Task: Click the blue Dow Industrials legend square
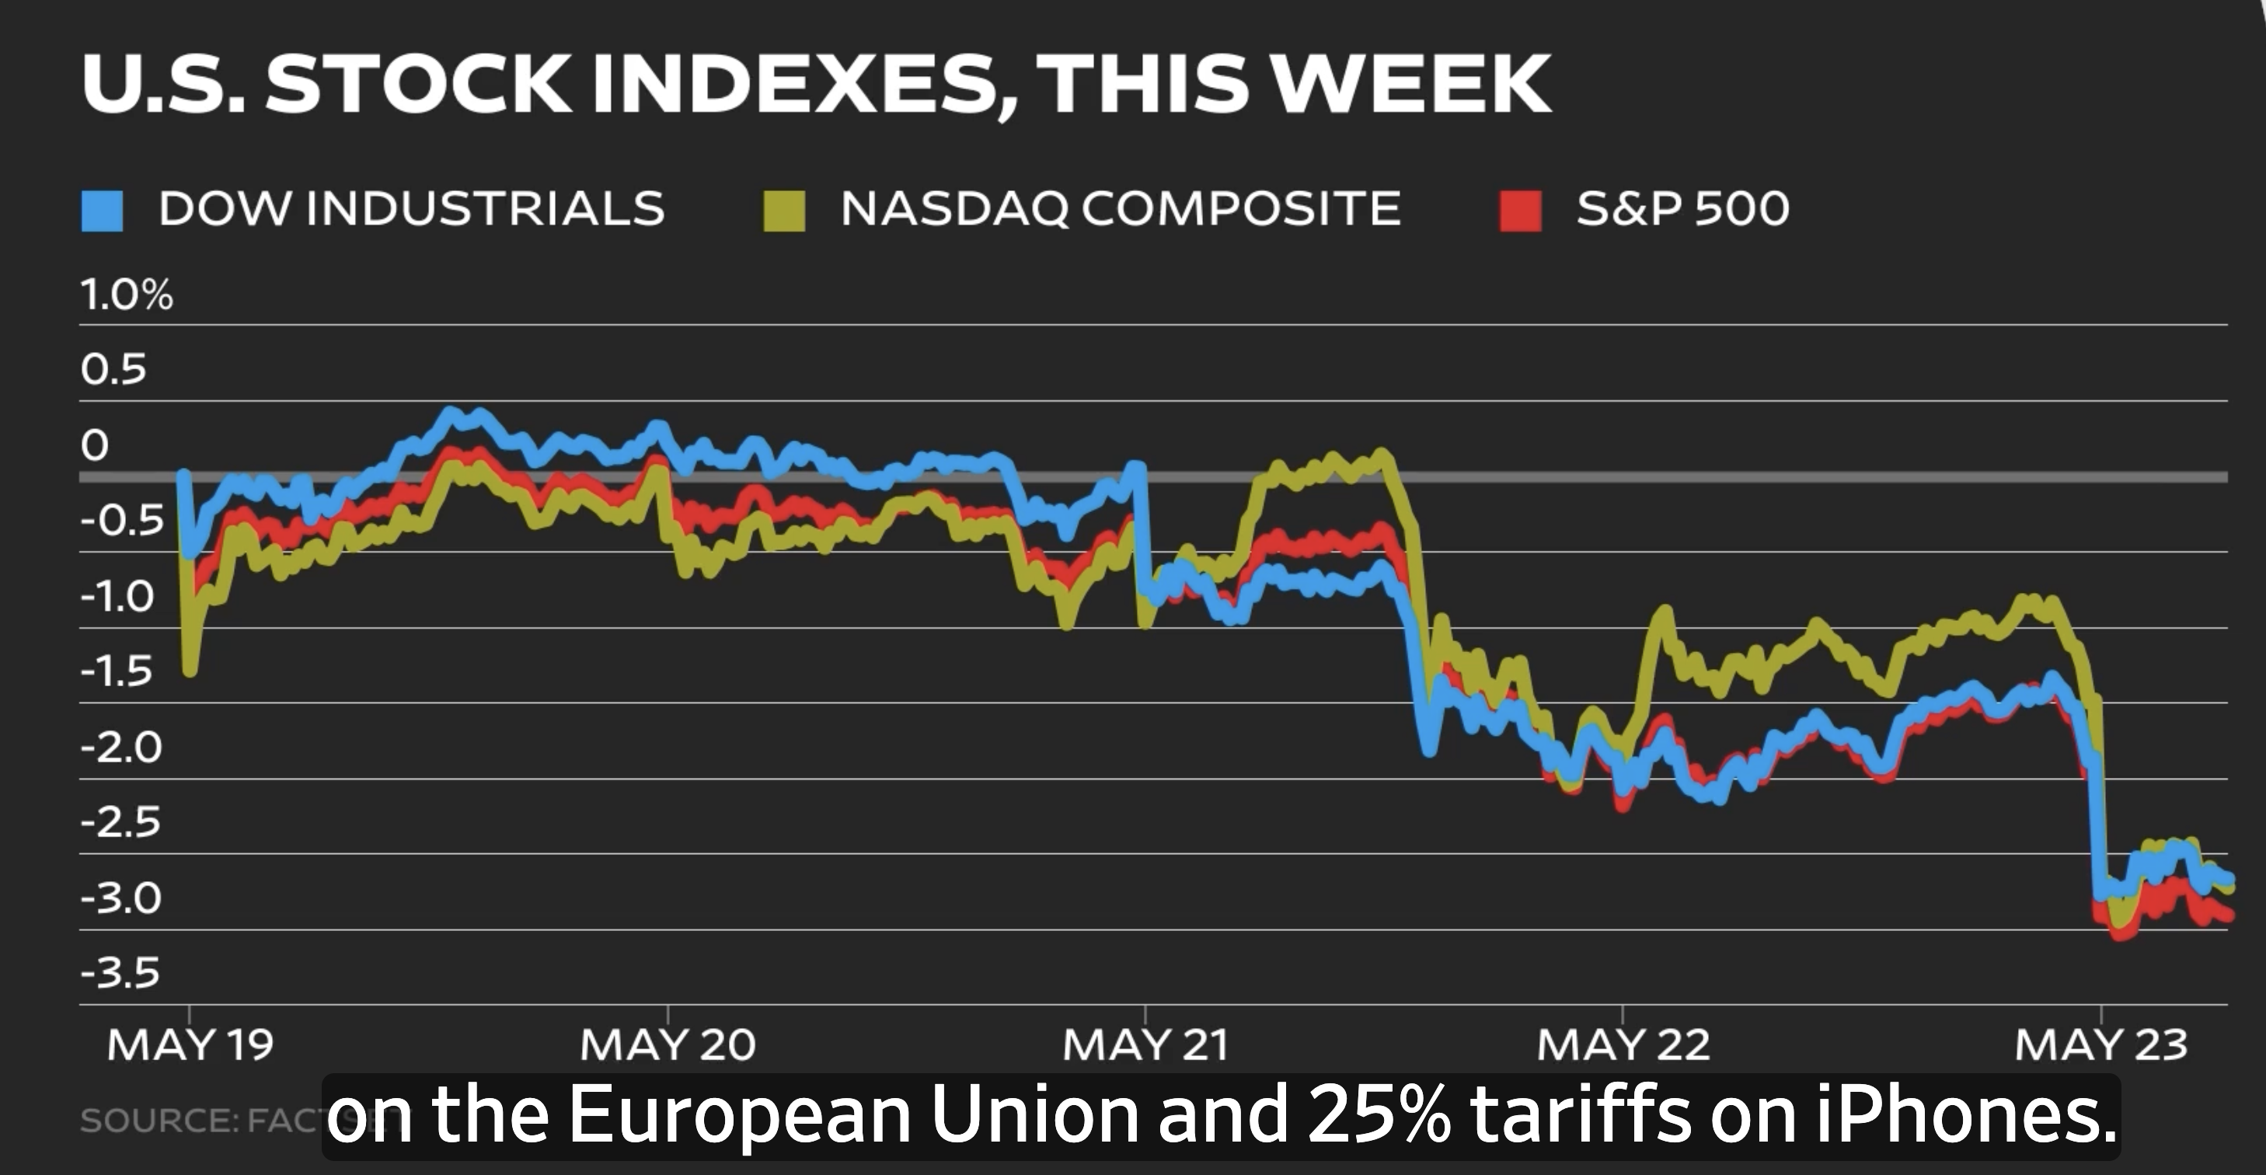point(101,211)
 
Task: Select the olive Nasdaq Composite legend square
point(784,211)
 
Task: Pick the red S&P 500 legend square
point(1520,211)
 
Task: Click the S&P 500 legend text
point(1682,208)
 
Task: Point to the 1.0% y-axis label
point(127,295)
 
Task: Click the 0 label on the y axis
point(95,446)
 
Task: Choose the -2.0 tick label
point(121,748)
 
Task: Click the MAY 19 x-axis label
point(190,1045)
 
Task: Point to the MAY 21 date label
point(1145,1045)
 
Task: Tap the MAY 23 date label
point(2100,1045)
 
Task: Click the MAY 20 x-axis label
point(668,1045)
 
